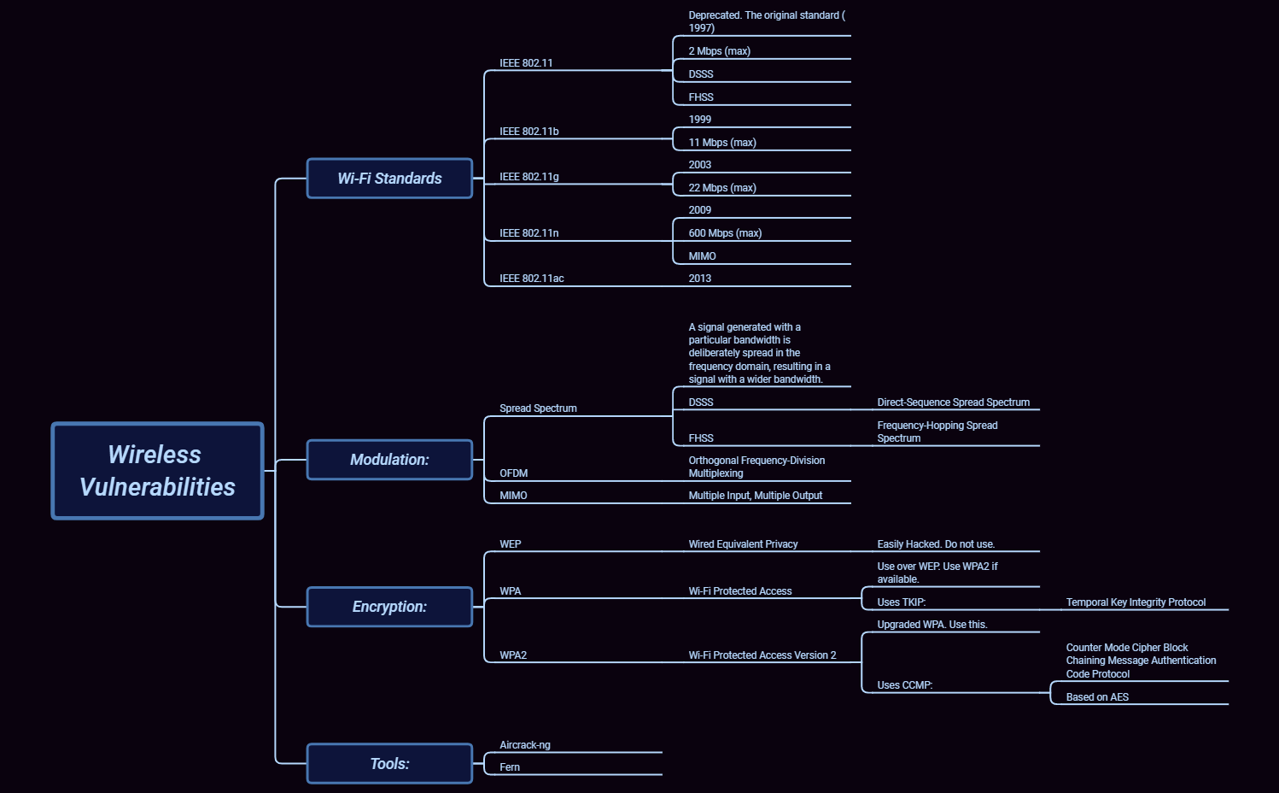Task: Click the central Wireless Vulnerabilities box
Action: tap(157, 471)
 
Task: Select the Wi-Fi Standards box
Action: tap(389, 179)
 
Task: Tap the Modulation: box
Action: tap(389, 460)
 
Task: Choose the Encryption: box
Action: tap(389, 607)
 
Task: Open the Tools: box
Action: tap(389, 764)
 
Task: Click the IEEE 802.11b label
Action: tap(529, 132)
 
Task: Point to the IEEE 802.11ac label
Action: tap(531, 279)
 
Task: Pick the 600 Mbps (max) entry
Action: tap(725, 233)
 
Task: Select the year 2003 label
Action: tap(699, 165)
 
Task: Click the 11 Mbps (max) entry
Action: tap(722, 143)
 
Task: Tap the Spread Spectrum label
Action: tap(538, 408)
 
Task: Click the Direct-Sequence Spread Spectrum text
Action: tap(953, 402)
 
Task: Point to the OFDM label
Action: tap(513, 473)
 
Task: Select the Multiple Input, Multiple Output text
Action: tap(755, 496)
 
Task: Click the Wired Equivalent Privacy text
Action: tap(743, 544)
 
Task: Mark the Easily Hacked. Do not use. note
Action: tap(936, 544)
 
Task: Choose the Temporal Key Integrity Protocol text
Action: tap(1136, 602)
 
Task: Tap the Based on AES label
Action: tap(1097, 697)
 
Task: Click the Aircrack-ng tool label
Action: tap(524, 745)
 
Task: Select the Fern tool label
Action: tap(510, 767)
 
